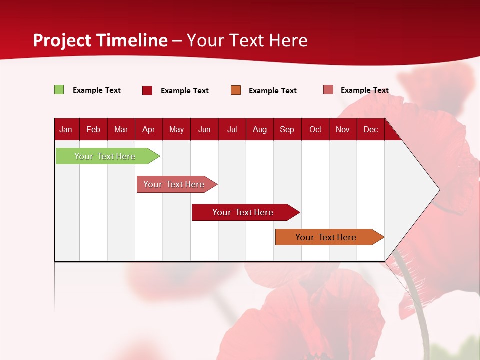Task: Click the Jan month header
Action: pyautogui.click(x=66, y=130)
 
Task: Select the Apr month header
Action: pyautogui.click(x=149, y=130)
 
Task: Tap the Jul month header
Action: pyautogui.click(x=232, y=130)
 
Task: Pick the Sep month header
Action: pyautogui.click(x=287, y=130)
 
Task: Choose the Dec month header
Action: pyautogui.click(x=370, y=130)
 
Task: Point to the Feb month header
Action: pyautogui.click(x=93, y=130)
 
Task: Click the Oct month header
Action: pyautogui.click(x=315, y=130)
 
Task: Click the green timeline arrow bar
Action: pyautogui.click(x=108, y=156)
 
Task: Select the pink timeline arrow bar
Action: pyautogui.click(x=177, y=184)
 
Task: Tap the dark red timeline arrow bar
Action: pyautogui.click(x=246, y=212)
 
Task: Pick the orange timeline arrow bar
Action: pyautogui.click(x=330, y=237)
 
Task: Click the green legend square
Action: pyautogui.click(x=59, y=90)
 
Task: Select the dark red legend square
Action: pyautogui.click(x=147, y=90)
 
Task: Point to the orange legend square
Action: pyautogui.click(x=236, y=90)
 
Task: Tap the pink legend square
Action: pyautogui.click(x=328, y=89)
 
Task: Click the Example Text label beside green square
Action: pyautogui.click(x=97, y=90)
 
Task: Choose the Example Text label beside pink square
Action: pyautogui.click(x=365, y=90)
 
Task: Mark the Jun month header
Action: pyautogui.click(x=204, y=130)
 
